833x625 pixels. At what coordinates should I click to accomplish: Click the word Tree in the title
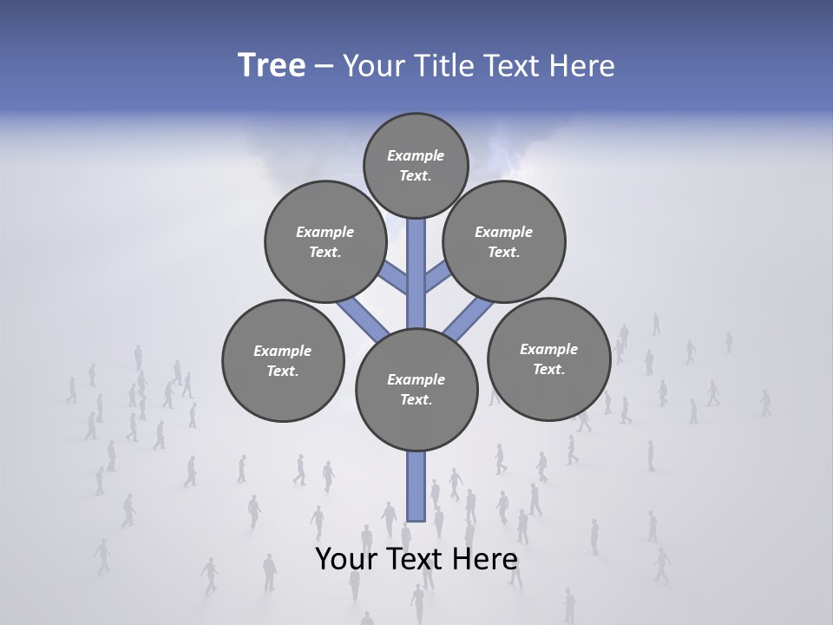click(x=272, y=66)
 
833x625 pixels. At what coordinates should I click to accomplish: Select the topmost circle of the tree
click(x=416, y=165)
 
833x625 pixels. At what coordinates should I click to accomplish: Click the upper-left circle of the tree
click(x=325, y=241)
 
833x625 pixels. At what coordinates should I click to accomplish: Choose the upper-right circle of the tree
click(x=504, y=241)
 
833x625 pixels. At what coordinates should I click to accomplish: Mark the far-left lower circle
click(x=283, y=360)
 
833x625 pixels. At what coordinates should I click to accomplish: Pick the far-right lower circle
click(x=548, y=359)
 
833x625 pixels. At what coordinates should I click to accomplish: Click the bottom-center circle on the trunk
click(x=416, y=390)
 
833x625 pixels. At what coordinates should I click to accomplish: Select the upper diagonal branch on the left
click(x=395, y=279)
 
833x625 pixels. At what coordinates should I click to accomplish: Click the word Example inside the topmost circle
click(x=416, y=155)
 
